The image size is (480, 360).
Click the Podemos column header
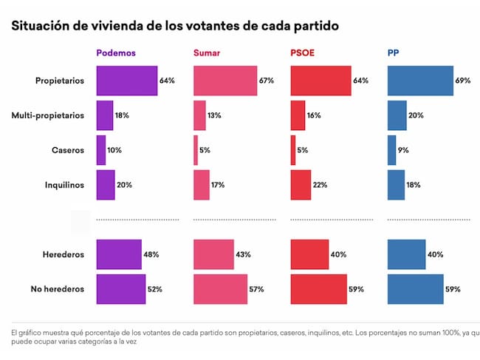(x=115, y=53)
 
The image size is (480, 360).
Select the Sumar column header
(x=207, y=53)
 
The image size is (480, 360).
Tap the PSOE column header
(x=304, y=53)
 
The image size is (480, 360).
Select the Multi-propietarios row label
(x=48, y=115)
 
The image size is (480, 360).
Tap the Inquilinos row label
(x=63, y=185)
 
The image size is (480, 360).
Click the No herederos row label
(x=58, y=289)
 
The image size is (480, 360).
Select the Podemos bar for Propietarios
(x=126, y=81)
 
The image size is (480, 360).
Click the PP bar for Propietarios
(x=420, y=81)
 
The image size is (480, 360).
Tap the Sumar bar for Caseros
(x=196, y=150)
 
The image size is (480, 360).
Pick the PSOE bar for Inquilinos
(x=301, y=185)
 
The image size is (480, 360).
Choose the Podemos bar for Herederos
(x=119, y=254)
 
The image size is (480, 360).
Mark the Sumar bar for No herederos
(x=220, y=289)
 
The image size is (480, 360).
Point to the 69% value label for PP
(x=464, y=81)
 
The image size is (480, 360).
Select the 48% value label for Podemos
(x=152, y=254)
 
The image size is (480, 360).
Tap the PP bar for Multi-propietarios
(x=397, y=115)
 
